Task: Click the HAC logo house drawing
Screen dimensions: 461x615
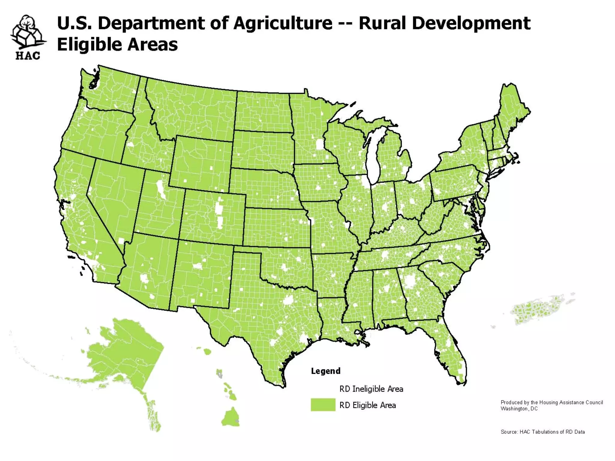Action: (x=28, y=33)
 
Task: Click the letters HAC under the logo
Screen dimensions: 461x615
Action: (x=28, y=56)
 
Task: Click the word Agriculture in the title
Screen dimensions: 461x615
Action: (x=283, y=23)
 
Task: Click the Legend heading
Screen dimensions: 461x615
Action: (x=326, y=371)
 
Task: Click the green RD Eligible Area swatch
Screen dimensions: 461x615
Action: (x=323, y=405)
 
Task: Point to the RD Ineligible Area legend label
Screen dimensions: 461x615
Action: (x=371, y=389)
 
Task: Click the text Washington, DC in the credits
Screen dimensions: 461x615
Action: (x=519, y=409)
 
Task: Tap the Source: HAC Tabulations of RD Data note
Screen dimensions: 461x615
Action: (x=543, y=432)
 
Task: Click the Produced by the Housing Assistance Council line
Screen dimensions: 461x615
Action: (x=552, y=402)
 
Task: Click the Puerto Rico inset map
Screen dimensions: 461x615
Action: (x=538, y=309)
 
